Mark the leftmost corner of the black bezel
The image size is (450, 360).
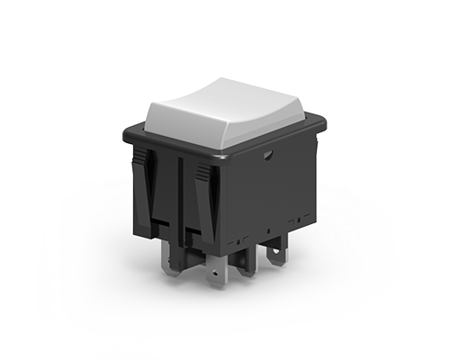pos(123,135)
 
